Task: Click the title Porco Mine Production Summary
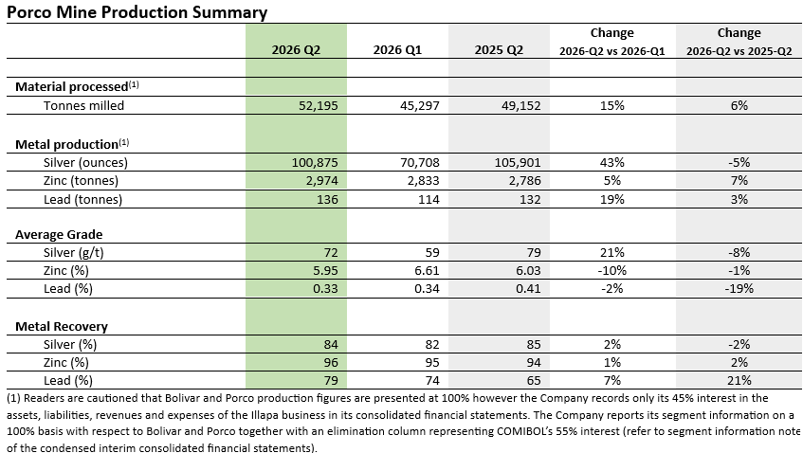pyautogui.click(x=137, y=11)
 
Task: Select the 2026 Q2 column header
pyautogui.click(x=296, y=49)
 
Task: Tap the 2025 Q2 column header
pyautogui.click(x=499, y=49)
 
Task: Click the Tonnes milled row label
pyautogui.click(x=83, y=105)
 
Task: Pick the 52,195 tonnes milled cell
pyautogui.click(x=318, y=105)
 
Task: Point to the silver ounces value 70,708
pyautogui.click(x=419, y=162)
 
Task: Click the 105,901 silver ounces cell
pyautogui.click(x=518, y=162)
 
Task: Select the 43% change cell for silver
pyautogui.click(x=612, y=162)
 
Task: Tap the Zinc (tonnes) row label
pyautogui.click(x=81, y=181)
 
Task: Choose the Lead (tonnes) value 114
pyautogui.click(x=429, y=199)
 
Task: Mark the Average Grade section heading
pyautogui.click(x=59, y=234)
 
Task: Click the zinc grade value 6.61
pyautogui.click(x=427, y=270)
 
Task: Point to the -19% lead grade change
pyautogui.click(x=739, y=289)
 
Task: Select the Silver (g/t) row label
pyautogui.click(x=74, y=252)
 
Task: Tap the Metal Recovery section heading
pyautogui.click(x=62, y=327)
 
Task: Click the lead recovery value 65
pyautogui.click(x=534, y=380)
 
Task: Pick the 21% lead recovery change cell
pyautogui.click(x=739, y=380)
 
